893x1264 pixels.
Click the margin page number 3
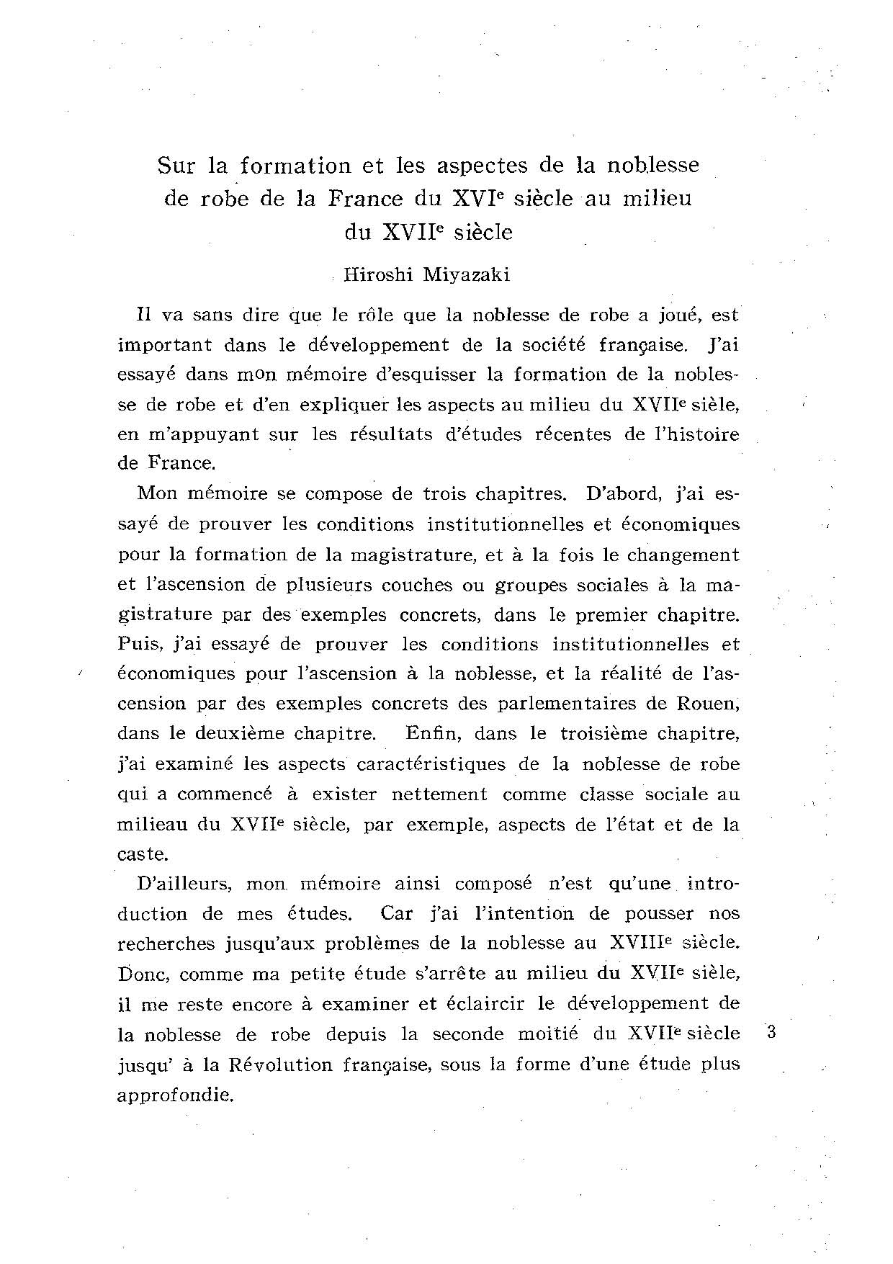coord(771,1031)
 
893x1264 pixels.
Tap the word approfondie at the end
coord(175,1095)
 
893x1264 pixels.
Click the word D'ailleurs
coord(181,884)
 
